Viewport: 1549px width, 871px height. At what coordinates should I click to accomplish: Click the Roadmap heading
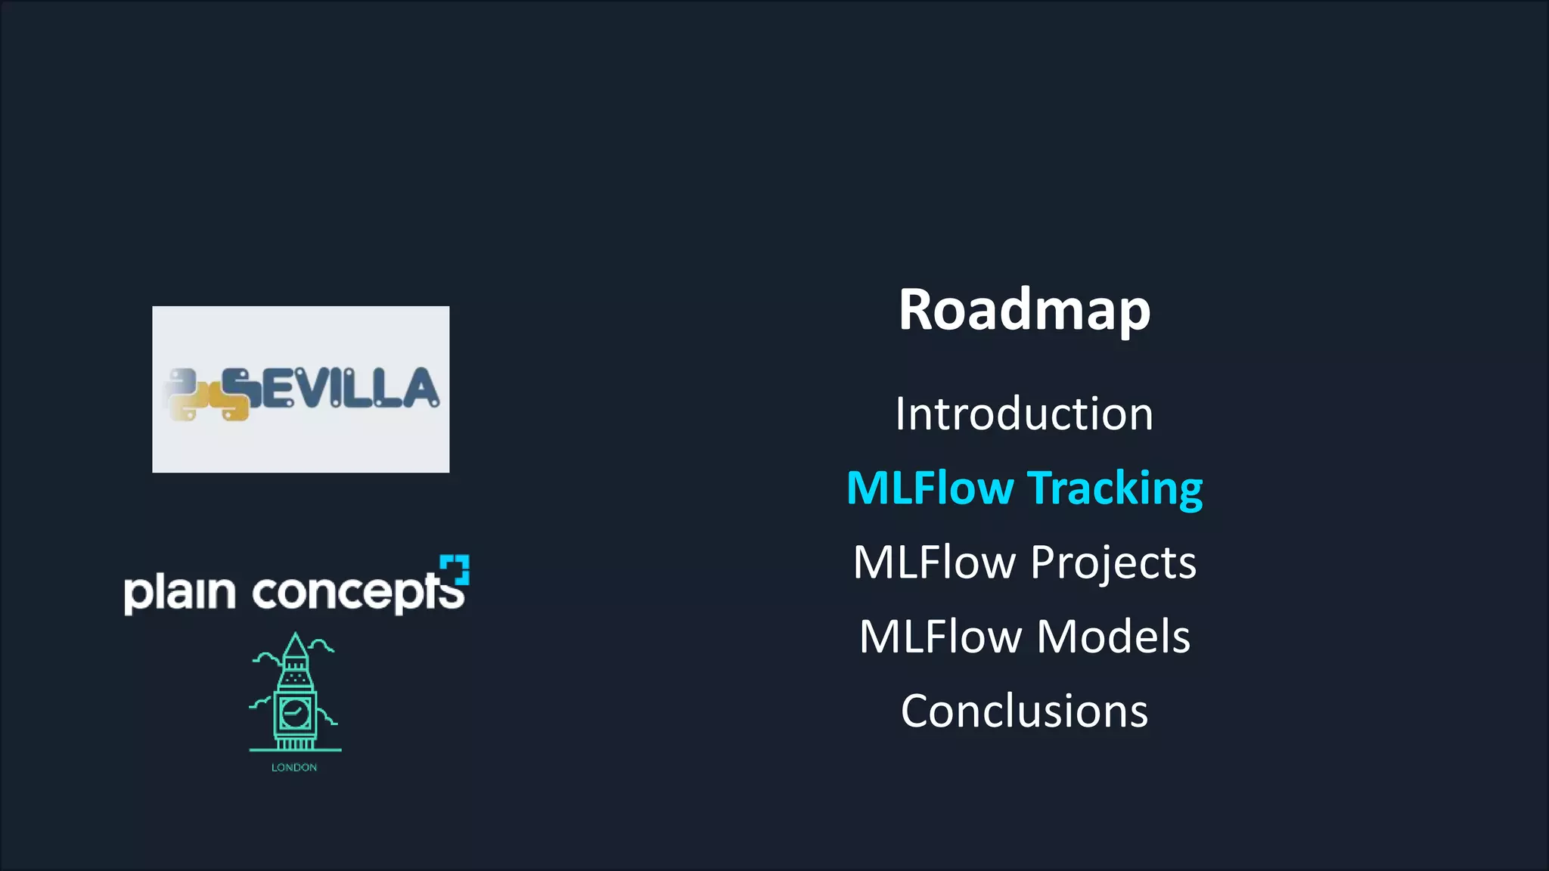point(1024,310)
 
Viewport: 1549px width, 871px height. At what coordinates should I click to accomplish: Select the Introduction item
point(1024,414)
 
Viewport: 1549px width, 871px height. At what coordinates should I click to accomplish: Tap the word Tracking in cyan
point(1115,488)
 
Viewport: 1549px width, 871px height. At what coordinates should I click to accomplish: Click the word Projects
point(1113,563)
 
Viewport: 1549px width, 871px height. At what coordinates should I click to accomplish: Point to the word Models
point(1113,637)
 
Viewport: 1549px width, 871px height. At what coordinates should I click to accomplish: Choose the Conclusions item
point(1024,711)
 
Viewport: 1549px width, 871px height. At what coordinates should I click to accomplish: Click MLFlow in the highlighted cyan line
point(930,488)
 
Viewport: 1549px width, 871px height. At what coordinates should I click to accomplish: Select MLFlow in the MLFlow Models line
point(941,637)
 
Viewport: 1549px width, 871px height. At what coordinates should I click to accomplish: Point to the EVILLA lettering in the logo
point(348,389)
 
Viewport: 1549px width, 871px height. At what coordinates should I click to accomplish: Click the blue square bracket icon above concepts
point(455,569)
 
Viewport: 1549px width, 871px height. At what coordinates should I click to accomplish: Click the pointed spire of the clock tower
point(295,646)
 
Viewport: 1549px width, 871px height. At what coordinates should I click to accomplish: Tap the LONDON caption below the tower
point(294,767)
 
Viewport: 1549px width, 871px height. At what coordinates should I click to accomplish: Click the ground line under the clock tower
point(295,750)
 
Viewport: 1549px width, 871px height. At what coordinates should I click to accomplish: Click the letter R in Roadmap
point(917,310)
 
